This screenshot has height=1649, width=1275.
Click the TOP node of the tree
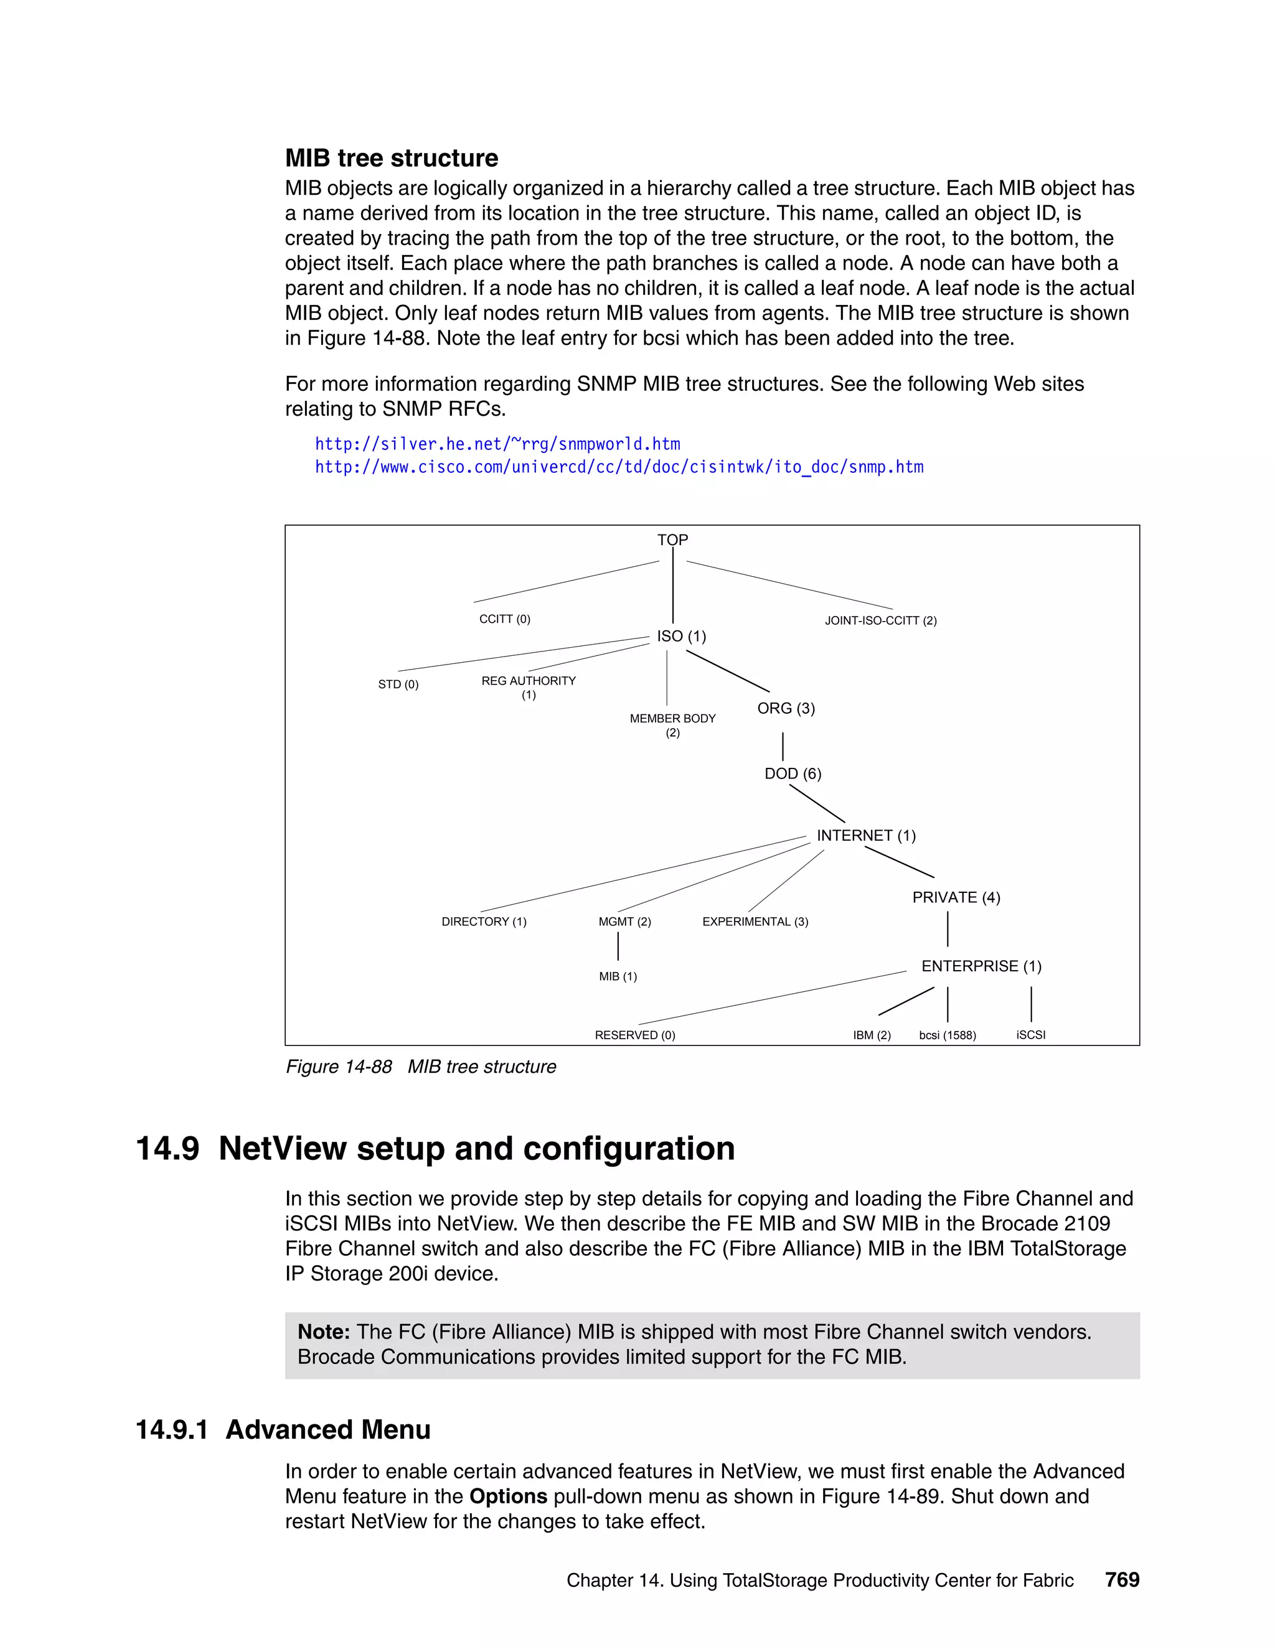coord(672,540)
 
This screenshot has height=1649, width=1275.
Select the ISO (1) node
coord(681,636)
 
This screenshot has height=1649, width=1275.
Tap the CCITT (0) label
coord(504,619)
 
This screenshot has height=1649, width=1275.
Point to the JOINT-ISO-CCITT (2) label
coord(881,620)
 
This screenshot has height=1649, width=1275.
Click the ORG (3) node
coord(786,708)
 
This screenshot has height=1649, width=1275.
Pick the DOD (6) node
coord(793,773)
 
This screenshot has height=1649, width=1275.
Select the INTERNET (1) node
coord(865,835)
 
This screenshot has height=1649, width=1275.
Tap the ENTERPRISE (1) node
coord(981,966)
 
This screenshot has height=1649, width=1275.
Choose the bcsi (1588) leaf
coord(947,1035)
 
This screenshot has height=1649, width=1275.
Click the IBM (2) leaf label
coord(872,1035)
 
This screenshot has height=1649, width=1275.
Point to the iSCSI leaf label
coord(1030,1034)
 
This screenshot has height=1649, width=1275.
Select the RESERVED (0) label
coord(634,1035)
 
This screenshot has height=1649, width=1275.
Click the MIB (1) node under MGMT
coord(618,976)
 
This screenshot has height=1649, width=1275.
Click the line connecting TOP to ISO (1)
coord(672,585)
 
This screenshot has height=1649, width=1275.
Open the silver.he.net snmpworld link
coord(497,444)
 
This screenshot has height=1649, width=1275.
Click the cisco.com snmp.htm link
coord(619,467)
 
